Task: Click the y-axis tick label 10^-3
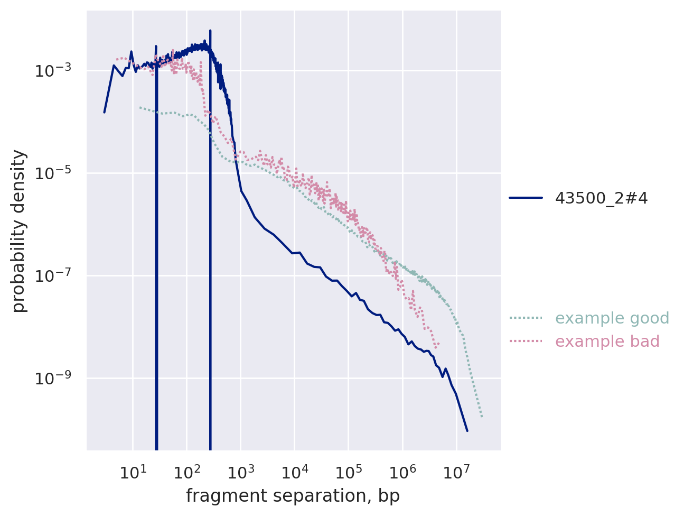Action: (54, 71)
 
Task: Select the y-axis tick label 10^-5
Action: (54, 173)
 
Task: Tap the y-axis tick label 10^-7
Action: (54, 276)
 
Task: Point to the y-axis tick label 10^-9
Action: (54, 379)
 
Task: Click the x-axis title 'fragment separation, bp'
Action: (293, 496)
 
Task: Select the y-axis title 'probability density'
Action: (19, 231)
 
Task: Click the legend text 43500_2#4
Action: (601, 198)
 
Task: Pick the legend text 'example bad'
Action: (607, 342)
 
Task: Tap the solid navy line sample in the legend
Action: (526, 198)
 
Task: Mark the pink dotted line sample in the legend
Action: (526, 342)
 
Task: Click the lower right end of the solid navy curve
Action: (467, 431)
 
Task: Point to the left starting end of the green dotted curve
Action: (140, 107)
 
